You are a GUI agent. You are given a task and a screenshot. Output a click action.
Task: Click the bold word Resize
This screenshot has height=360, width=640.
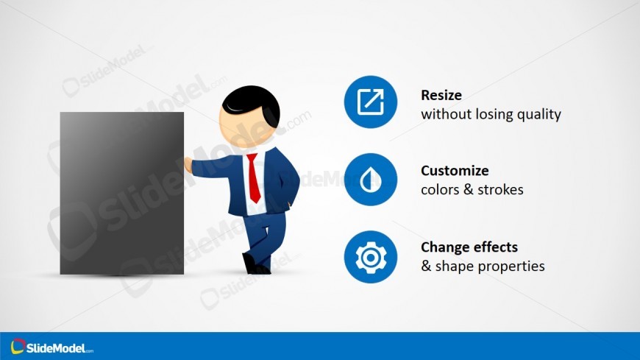pos(441,95)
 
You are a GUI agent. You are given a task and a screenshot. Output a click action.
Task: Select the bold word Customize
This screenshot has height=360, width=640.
pos(455,170)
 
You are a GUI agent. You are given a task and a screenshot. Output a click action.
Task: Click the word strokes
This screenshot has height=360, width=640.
pos(500,190)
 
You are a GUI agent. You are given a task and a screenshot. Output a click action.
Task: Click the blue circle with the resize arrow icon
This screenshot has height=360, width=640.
pos(371,102)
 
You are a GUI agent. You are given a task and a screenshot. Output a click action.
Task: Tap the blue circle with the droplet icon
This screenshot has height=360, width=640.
pos(371,180)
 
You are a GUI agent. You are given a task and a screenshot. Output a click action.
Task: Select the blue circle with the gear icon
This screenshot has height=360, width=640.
pos(371,257)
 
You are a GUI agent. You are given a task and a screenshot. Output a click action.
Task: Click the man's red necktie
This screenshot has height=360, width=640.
pos(254,177)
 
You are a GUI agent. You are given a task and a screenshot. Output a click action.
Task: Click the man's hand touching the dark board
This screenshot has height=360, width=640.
pos(188,165)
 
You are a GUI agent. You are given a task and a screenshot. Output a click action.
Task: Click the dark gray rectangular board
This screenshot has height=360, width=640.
pos(122,194)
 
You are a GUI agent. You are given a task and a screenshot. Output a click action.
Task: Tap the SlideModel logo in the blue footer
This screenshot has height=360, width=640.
pos(51,347)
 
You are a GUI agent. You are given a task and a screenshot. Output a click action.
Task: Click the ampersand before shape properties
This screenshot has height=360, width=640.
pos(426,266)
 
